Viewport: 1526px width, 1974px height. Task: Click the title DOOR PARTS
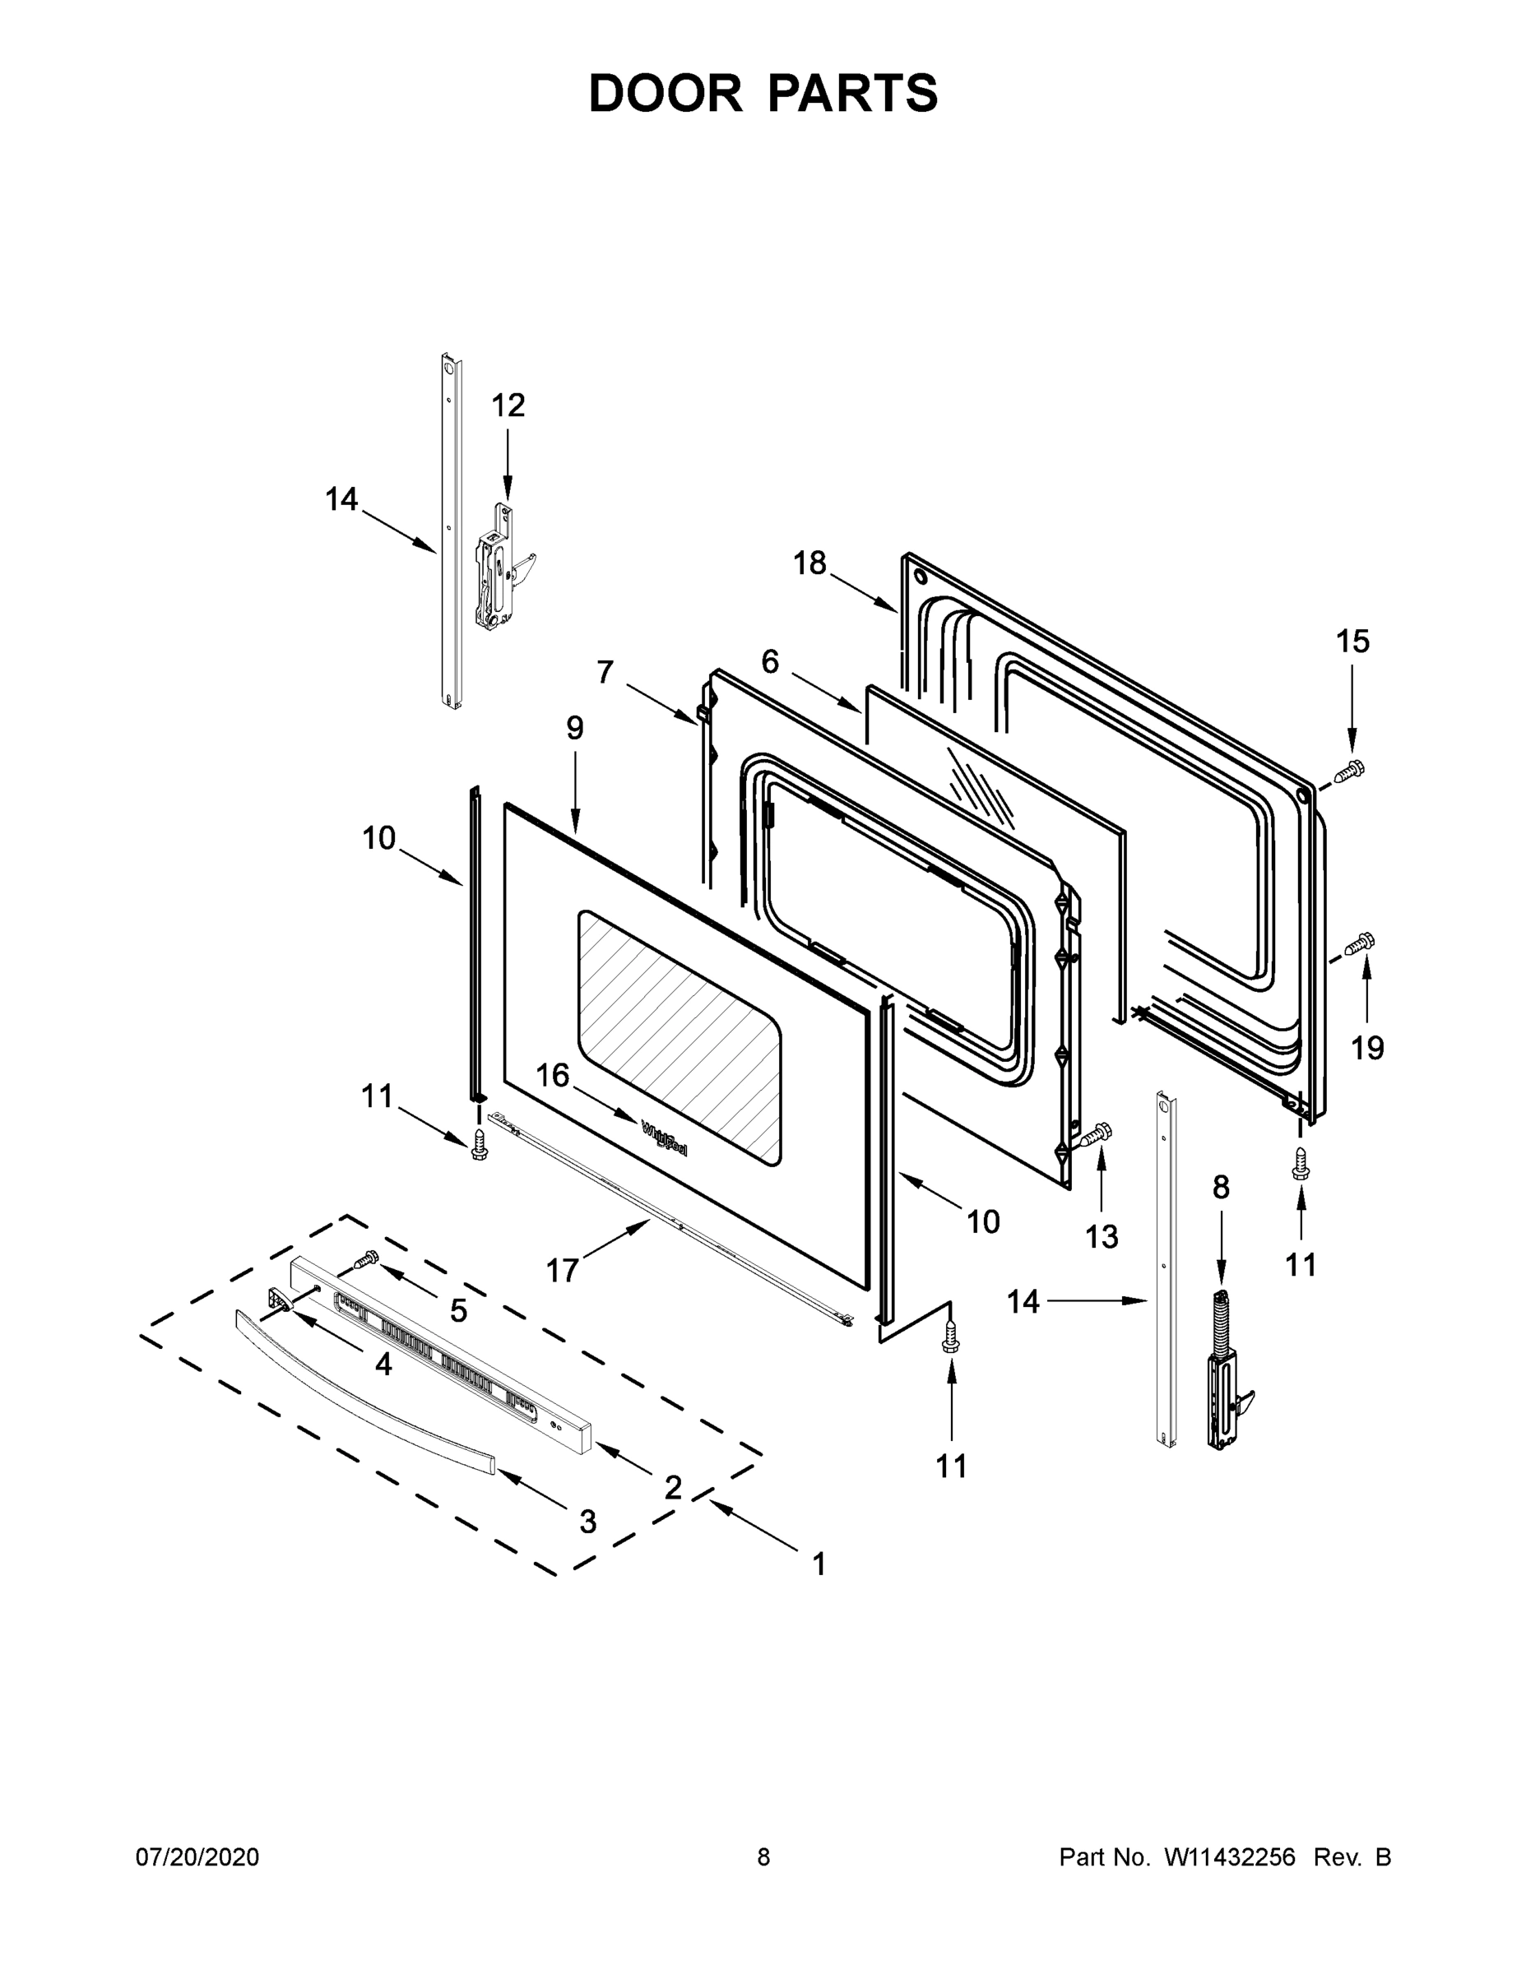pyautogui.click(x=763, y=93)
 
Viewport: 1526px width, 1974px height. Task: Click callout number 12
pyautogui.click(x=508, y=405)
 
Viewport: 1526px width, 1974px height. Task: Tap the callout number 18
pyautogui.click(x=809, y=563)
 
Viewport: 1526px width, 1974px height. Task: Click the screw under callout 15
pyautogui.click(x=1349, y=771)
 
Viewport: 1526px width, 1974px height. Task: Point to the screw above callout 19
pyautogui.click(x=1360, y=943)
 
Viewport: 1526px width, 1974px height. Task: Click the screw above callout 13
pyautogui.click(x=1097, y=1133)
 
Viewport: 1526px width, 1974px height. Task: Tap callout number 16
pyautogui.click(x=554, y=1076)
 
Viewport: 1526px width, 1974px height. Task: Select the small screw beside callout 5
pyautogui.click(x=367, y=1258)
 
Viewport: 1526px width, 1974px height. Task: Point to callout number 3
pyautogui.click(x=587, y=1521)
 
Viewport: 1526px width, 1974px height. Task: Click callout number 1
pyautogui.click(x=819, y=1564)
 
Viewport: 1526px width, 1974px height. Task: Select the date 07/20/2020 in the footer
pyautogui.click(x=197, y=1857)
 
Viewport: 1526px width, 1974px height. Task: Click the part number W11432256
pyautogui.click(x=1230, y=1857)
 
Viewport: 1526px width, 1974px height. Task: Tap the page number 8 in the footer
pyautogui.click(x=763, y=1857)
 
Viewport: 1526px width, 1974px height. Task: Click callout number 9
pyautogui.click(x=575, y=728)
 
